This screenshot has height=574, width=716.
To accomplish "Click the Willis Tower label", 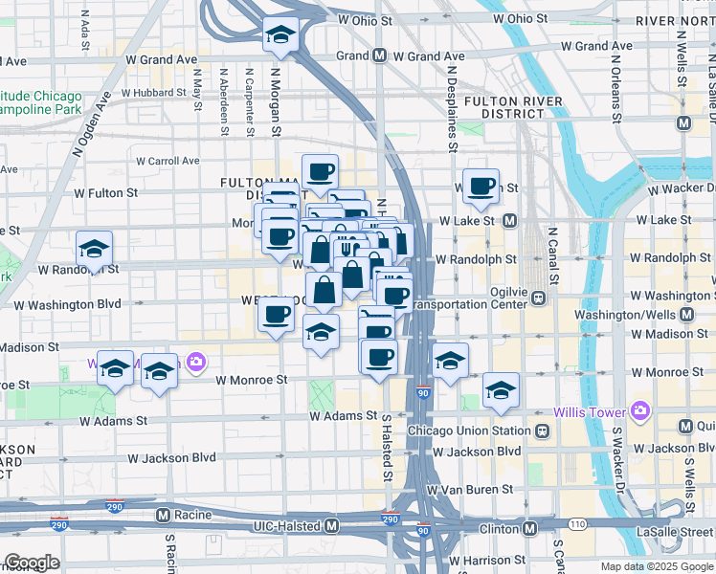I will click(589, 412).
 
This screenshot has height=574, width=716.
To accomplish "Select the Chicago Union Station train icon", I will click(543, 431).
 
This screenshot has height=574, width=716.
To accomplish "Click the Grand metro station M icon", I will click(380, 55).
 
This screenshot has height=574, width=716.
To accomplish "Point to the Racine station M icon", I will click(163, 515).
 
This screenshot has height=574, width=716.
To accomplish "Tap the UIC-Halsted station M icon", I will click(332, 526).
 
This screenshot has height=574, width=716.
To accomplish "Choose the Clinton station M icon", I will click(529, 528).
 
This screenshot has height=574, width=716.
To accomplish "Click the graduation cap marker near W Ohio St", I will click(280, 35).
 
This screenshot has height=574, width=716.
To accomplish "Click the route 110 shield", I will click(579, 525).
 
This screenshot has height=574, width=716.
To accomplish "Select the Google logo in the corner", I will click(32, 563).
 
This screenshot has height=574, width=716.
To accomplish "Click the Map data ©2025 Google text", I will click(656, 566).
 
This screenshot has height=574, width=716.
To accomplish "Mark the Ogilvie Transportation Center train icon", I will click(540, 297).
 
